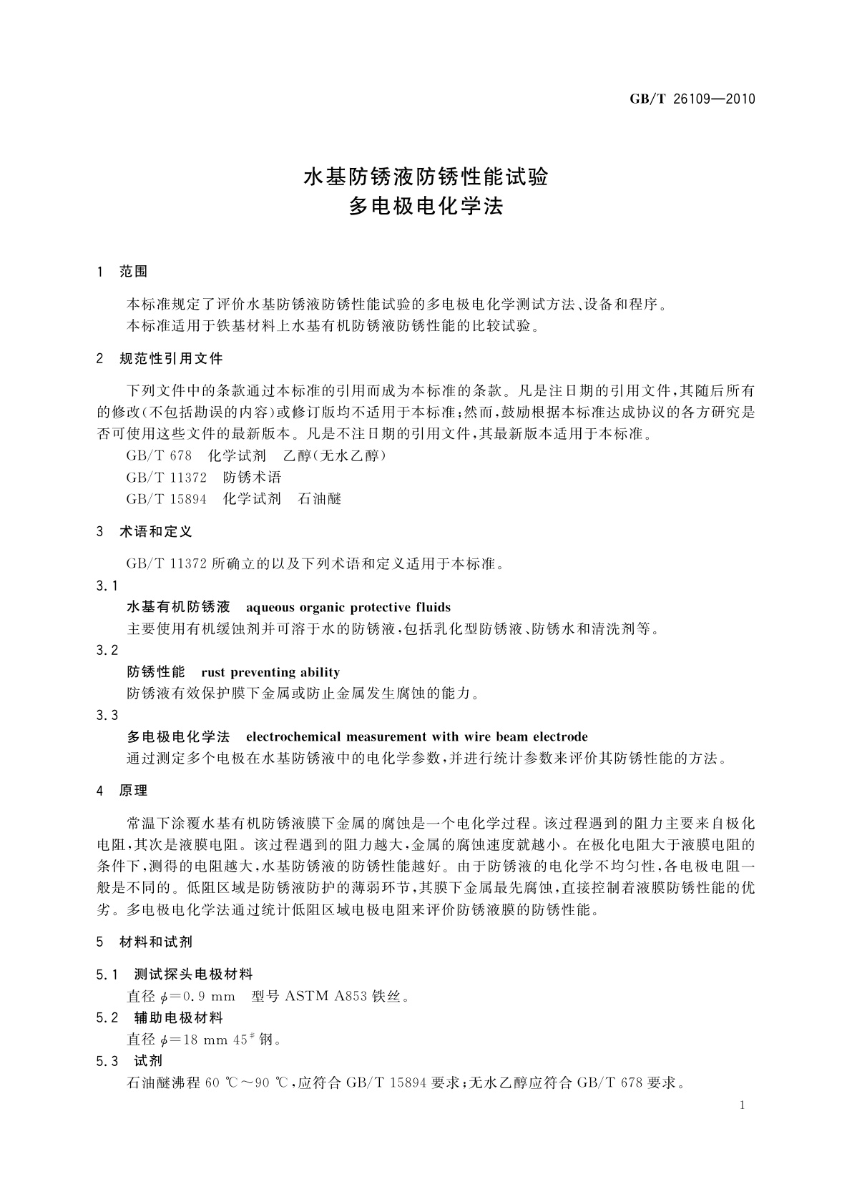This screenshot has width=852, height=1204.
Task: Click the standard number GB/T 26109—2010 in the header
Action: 692,99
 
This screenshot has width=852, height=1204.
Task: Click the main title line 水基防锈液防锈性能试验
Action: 426,177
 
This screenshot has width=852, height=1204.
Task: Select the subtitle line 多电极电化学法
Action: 426,207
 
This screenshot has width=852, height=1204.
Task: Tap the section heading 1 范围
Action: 122,272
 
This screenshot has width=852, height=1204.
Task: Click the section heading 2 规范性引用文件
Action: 160,359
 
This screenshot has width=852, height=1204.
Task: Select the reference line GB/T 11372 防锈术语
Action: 204,477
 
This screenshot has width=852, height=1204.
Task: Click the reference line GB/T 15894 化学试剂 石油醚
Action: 234,499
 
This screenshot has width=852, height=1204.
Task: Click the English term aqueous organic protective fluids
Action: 348,608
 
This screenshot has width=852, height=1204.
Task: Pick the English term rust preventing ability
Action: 270,672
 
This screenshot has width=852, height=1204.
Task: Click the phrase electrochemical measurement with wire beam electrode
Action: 416,737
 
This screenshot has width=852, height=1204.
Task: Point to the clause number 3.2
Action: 107,651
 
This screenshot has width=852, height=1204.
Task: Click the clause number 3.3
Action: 107,716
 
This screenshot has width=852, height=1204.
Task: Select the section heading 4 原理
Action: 122,791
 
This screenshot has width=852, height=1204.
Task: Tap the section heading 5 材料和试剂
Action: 145,942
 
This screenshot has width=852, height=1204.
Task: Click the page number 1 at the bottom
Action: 743,1105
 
